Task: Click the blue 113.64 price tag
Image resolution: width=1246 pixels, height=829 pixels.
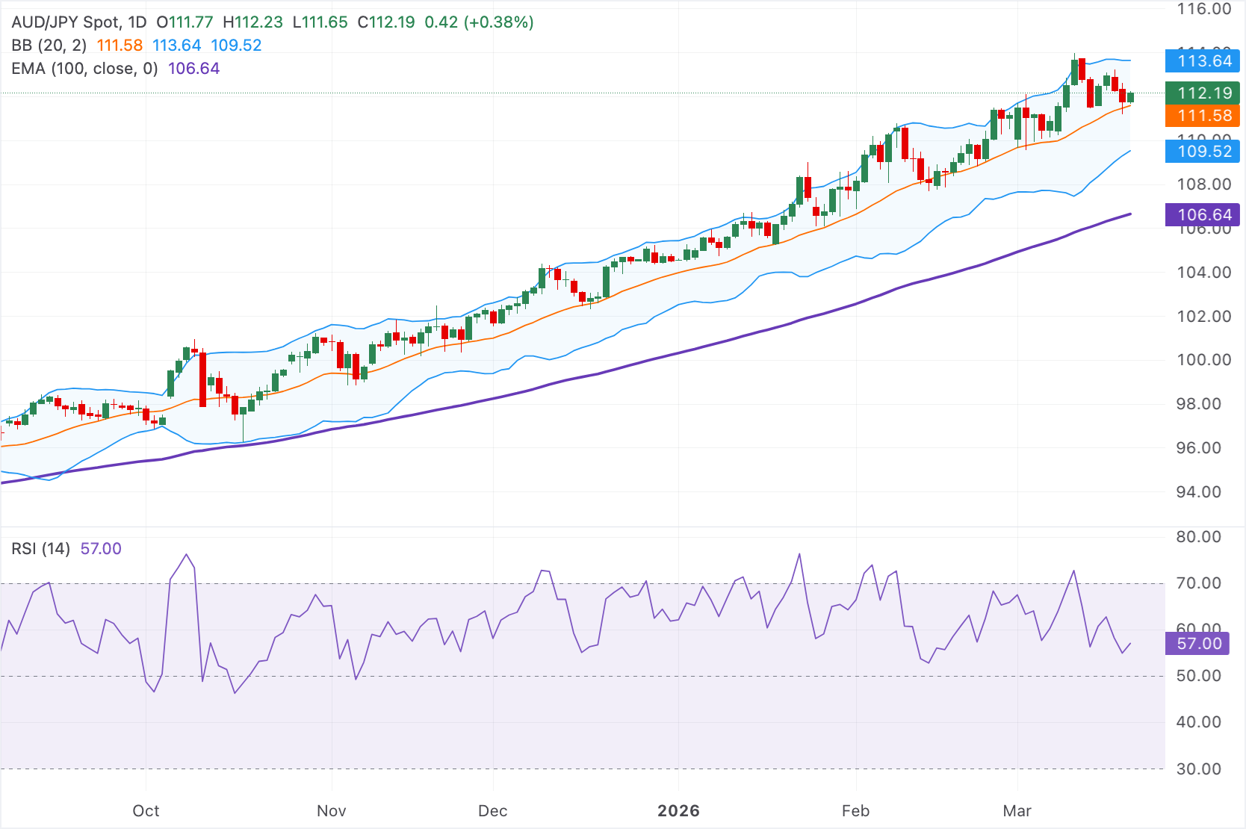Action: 1203,61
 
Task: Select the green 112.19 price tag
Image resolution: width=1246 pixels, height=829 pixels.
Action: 1203,93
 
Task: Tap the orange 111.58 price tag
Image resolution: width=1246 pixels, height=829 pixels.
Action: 1203,116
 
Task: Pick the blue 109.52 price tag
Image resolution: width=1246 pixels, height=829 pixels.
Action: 1203,152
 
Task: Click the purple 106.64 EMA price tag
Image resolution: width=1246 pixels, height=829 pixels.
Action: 1203,215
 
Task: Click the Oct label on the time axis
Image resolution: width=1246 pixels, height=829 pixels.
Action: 146,811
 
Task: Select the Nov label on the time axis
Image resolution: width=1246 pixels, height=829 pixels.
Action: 331,811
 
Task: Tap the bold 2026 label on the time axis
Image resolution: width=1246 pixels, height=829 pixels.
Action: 678,811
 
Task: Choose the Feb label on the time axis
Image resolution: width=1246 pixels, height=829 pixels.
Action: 855,811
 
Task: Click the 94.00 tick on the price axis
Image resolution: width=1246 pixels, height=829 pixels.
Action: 1198,492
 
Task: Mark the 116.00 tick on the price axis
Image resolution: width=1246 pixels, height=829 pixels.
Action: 1203,10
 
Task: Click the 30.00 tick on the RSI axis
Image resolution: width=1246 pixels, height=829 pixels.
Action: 1198,769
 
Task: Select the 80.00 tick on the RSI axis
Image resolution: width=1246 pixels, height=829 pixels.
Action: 1198,537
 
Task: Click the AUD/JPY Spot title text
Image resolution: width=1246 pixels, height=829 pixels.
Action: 66,22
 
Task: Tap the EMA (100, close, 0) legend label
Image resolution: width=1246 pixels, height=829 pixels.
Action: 84,69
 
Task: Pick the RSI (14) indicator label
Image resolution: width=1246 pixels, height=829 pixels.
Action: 40,549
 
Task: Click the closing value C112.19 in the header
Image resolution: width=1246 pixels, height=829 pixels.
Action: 385,22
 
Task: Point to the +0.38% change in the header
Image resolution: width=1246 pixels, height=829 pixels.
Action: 498,22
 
